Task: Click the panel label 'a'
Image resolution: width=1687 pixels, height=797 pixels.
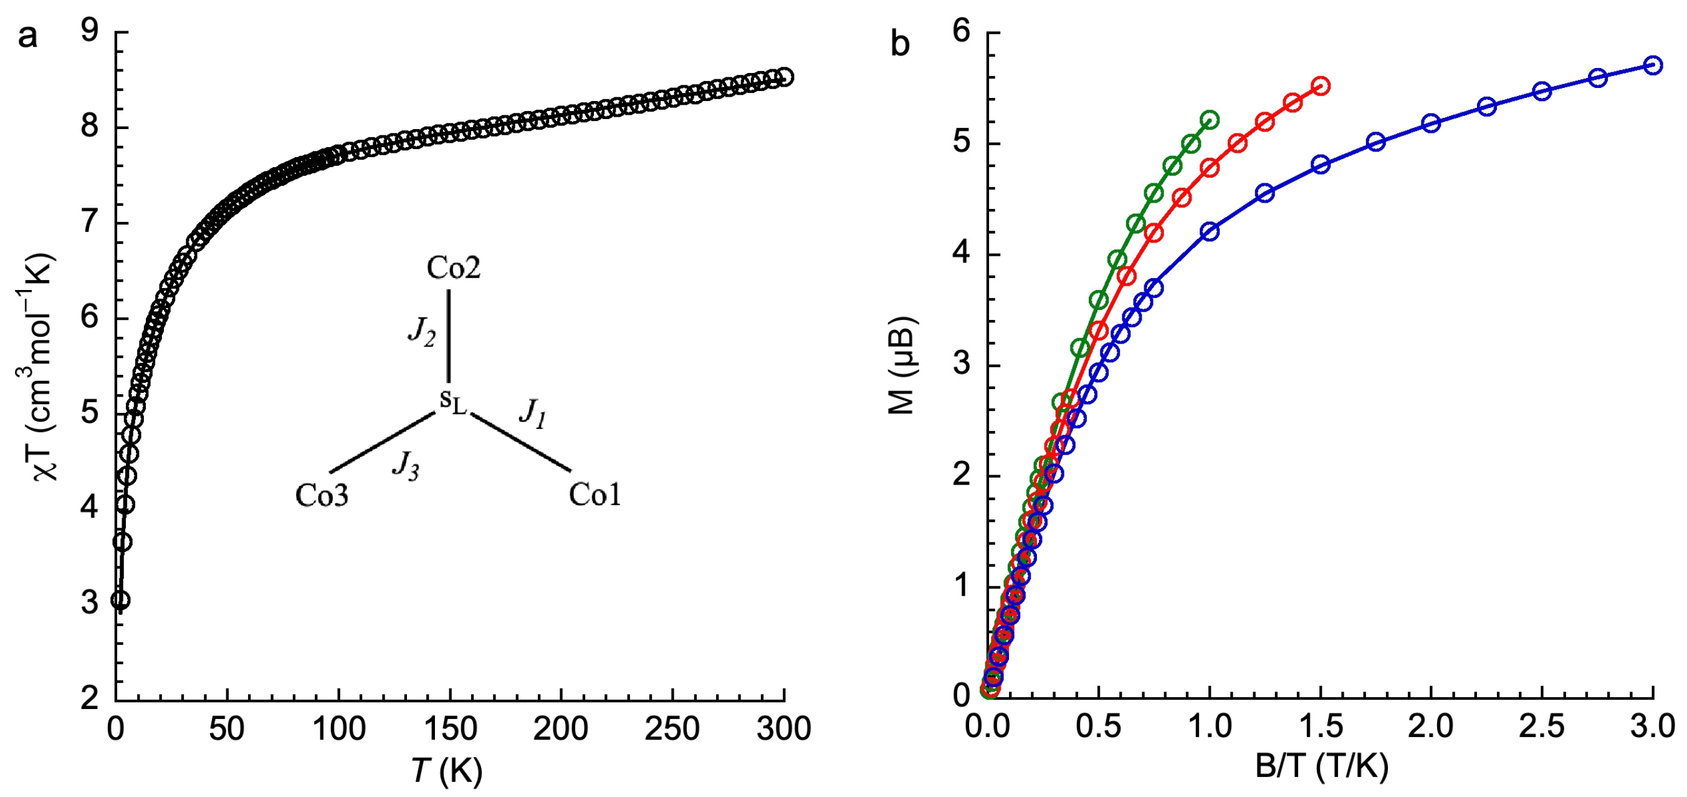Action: coord(27,37)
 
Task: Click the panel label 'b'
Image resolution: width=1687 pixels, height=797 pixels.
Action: coord(901,44)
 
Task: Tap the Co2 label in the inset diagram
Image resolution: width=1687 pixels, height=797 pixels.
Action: coord(453,268)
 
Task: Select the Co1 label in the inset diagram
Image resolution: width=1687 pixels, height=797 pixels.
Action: coord(594,495)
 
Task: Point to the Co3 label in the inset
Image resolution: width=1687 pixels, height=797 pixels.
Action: coord(322,496)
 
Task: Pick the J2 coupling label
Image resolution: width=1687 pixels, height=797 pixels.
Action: coord(421,332)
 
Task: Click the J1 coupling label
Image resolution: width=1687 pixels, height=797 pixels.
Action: coord(532,413)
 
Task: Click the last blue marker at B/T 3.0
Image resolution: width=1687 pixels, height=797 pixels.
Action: coord(1653,65)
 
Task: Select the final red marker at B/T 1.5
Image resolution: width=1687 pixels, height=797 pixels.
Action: coord(1321,86)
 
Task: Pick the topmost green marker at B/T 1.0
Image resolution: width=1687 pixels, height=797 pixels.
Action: coord(1210,120)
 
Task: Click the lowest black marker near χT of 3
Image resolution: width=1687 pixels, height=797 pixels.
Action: coord(120,600)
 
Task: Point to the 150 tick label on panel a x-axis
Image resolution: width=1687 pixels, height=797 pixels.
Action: coord(449,729)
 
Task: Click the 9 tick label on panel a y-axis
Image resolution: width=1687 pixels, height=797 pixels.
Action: coord(90,30)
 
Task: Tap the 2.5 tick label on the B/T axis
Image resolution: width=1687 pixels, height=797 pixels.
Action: coord(1542,728)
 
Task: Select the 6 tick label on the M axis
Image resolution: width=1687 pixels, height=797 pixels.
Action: coord(962,30)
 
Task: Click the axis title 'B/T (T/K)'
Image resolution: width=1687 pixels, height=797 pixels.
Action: coord(1322,765)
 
